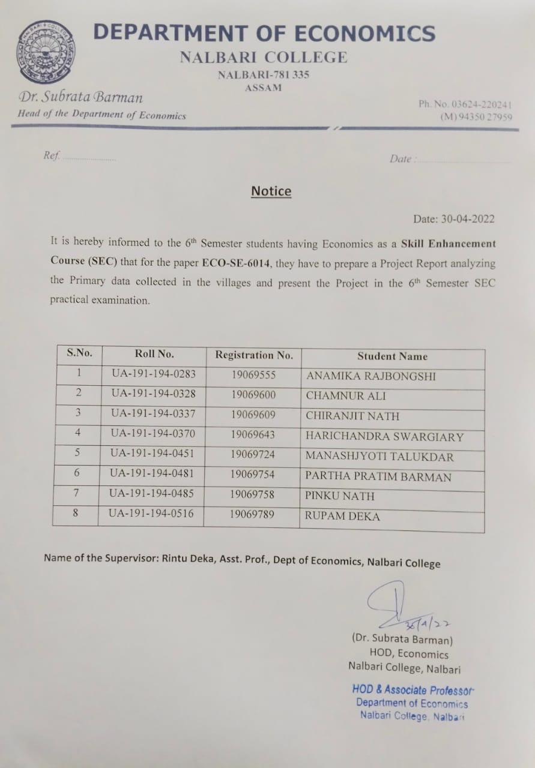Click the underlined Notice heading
click(x=271, y=191)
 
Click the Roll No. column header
click(x=154, y=353)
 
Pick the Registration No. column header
click(x=254, y=355)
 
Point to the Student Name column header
click(x=392, y=356)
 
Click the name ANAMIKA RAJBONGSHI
click(x=371, y=376)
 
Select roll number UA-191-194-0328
click(x=153, y=394)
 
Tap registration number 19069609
click(x=253, y=415)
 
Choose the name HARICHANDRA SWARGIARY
click(x=384, y=437)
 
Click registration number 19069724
click(x=252, y=454)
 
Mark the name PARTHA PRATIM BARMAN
click(x=378, y=477)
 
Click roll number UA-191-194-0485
click(x=152, y=494)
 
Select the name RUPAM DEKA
click(x=342, y=516)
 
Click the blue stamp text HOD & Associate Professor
click(x=413, y=690)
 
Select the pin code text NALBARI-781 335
click(x=263, y=75)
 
